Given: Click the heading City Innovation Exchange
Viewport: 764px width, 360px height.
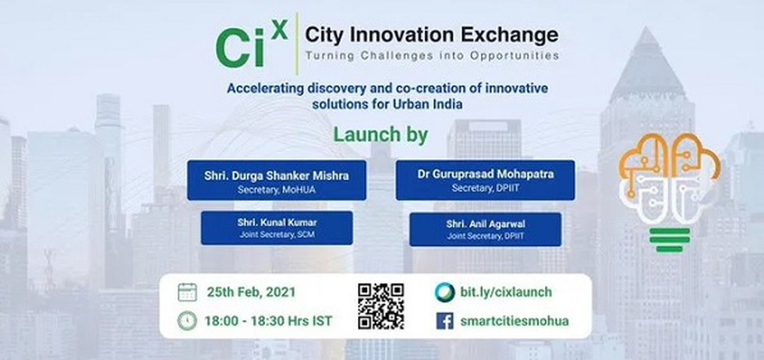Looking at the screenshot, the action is tap(432, 35).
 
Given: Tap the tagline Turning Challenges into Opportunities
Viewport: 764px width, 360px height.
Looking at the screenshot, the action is tap(432, 55).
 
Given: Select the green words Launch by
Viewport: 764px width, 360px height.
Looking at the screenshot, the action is tap(380, 135).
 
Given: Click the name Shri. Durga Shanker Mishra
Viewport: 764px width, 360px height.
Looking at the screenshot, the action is tap(276, 176).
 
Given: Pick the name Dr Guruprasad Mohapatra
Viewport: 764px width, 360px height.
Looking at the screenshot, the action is tap(485, 174).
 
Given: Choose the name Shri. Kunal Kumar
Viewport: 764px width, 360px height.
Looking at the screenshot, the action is tap(277, 223).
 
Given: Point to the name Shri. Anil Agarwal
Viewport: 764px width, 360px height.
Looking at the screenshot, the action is tap(485, 224).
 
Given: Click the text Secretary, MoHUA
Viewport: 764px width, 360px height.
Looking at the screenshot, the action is tap(276, 189).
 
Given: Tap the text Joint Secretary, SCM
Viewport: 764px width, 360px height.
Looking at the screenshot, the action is tap(277, 235).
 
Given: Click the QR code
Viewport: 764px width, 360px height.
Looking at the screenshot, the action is tap(380, 306).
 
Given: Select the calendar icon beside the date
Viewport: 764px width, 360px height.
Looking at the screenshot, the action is tap(187, 291).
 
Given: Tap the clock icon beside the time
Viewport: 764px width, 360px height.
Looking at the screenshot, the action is tap(187, 321).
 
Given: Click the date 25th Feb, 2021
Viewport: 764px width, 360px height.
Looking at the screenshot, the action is tap(251, 292).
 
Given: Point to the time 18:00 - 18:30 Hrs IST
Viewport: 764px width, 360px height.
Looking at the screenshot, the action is tap(268, 321).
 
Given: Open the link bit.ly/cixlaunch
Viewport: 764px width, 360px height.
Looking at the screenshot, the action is tap(506, 292).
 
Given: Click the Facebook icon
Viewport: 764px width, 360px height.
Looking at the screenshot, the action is tap(444, 321).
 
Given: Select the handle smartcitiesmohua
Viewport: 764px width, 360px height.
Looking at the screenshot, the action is tap(514, 321).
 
